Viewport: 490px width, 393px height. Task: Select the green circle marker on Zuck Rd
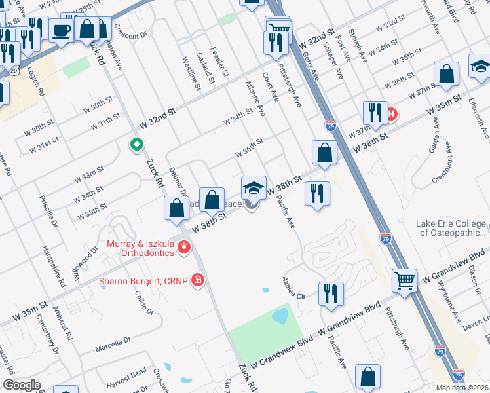click(x=137, y=145)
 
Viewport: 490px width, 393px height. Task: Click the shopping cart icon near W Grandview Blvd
click(x=404, y=280)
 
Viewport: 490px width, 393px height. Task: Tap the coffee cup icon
click(x=62, y=30)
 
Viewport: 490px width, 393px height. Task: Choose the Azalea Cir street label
click(x=295, y=288)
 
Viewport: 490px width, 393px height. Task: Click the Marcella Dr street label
click(x=113, y=345)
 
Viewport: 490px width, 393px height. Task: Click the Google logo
click(x=22, y=385)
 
